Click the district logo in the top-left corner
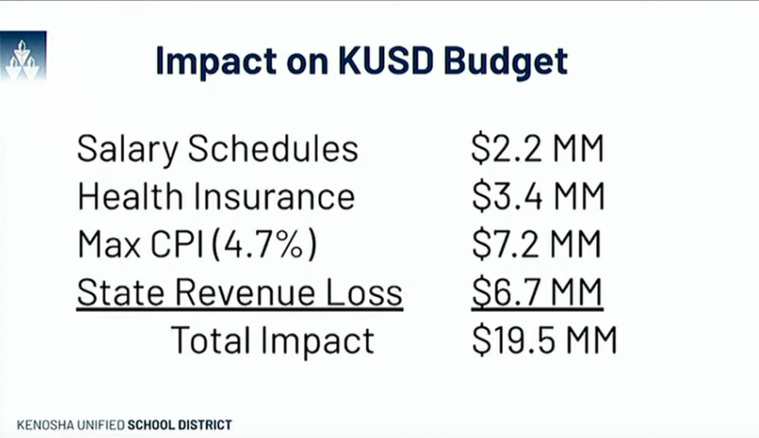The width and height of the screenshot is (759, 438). pyautogui.click(x=23, y=57)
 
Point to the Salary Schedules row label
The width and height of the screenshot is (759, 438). pyautogui.click(x=218, y=149)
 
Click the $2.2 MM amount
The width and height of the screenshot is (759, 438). pyautogui.click(x=538, y=149)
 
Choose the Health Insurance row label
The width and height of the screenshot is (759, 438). pyautogui.click(x=216, y=197)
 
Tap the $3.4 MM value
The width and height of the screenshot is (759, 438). pyautogui.click(x=538, y=197)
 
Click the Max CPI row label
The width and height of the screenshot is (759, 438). pyautogui.click(x=139, y=245)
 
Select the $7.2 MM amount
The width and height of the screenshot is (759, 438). pyautogui.click(x=538, y=245)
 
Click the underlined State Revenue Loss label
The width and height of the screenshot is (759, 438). pyautogui.click(x=240, y=293)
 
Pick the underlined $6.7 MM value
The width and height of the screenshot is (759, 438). pyautogui.click(x=537, y=293)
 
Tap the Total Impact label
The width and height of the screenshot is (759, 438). pyautogui.click(x=273, y=341)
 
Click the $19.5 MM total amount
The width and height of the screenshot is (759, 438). pyautogui.click(x=544, y=341)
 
